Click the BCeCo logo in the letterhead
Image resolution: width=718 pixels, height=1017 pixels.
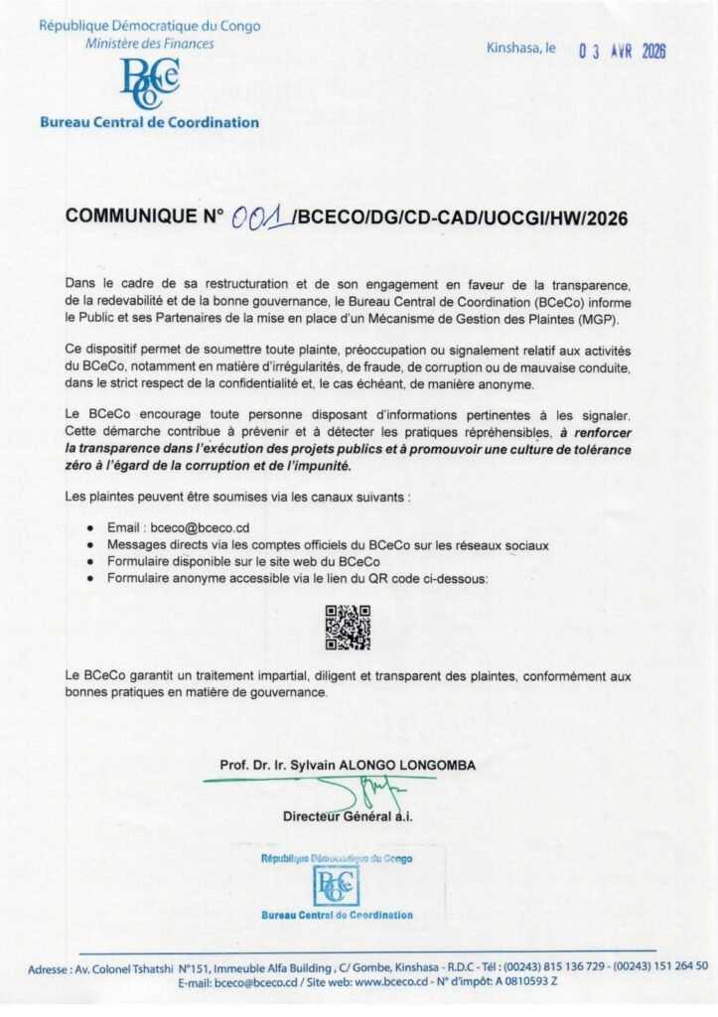click(149, 83)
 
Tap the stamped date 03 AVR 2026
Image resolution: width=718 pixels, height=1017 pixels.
click(622, 52)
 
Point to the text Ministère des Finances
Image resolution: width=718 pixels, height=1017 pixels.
click(149, 43)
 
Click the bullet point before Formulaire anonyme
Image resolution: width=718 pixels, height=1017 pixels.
click(91, 578)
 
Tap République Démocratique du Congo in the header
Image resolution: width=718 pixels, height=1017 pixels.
click(149, 25)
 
